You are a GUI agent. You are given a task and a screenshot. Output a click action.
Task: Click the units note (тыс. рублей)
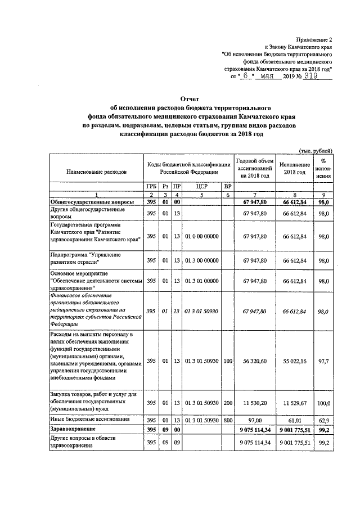click(x=316, y=150)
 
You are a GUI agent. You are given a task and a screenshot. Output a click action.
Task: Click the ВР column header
click(x=227, y=186)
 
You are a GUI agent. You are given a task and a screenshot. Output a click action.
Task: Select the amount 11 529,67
click(x=294, y=403)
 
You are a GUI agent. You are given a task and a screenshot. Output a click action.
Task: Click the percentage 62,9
click(x=323, y=420)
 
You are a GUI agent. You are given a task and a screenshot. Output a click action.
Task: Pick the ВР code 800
click(x=227, y=420)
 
